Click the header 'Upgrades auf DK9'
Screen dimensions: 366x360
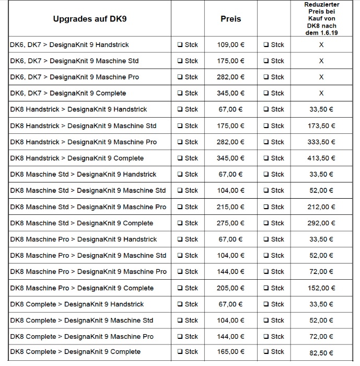click(x=90, y=19)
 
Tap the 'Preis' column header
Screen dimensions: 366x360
click(x=231, y=19)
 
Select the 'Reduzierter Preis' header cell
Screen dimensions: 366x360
click(x=321, y=19)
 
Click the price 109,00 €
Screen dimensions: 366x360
click(x=230, y=45)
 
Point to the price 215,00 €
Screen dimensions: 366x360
click(x=230, y=207)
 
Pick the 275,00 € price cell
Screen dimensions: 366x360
click(x=230, y=223)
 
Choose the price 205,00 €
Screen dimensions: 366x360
click(x=230, y=288)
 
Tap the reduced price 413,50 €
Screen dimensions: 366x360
click(x=321, y=158)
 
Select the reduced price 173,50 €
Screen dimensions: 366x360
click(x=321, y=126)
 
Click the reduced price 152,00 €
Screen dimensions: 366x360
click(x=321, y=288)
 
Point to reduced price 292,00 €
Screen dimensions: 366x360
click(x=321, y=223)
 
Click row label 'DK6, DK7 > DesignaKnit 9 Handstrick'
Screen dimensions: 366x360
click(x=69, y=45)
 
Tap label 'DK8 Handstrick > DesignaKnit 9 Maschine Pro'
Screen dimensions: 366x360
click(x=83, y=142)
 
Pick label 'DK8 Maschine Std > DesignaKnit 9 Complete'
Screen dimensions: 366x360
click(x=82, y=223)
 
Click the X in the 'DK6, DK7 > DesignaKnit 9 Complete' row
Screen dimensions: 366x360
click(x=321, y=94)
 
